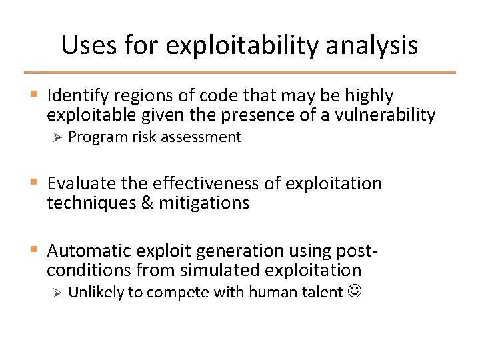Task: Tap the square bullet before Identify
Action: point(34,95)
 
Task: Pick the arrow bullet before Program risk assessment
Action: point(57,137)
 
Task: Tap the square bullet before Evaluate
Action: point(34,183)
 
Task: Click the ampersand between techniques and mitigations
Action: point(147,203)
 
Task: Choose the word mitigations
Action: point(204,203)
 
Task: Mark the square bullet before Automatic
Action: point(34,251)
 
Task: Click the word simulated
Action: point(210,270)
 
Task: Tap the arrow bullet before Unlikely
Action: point(57,293)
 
